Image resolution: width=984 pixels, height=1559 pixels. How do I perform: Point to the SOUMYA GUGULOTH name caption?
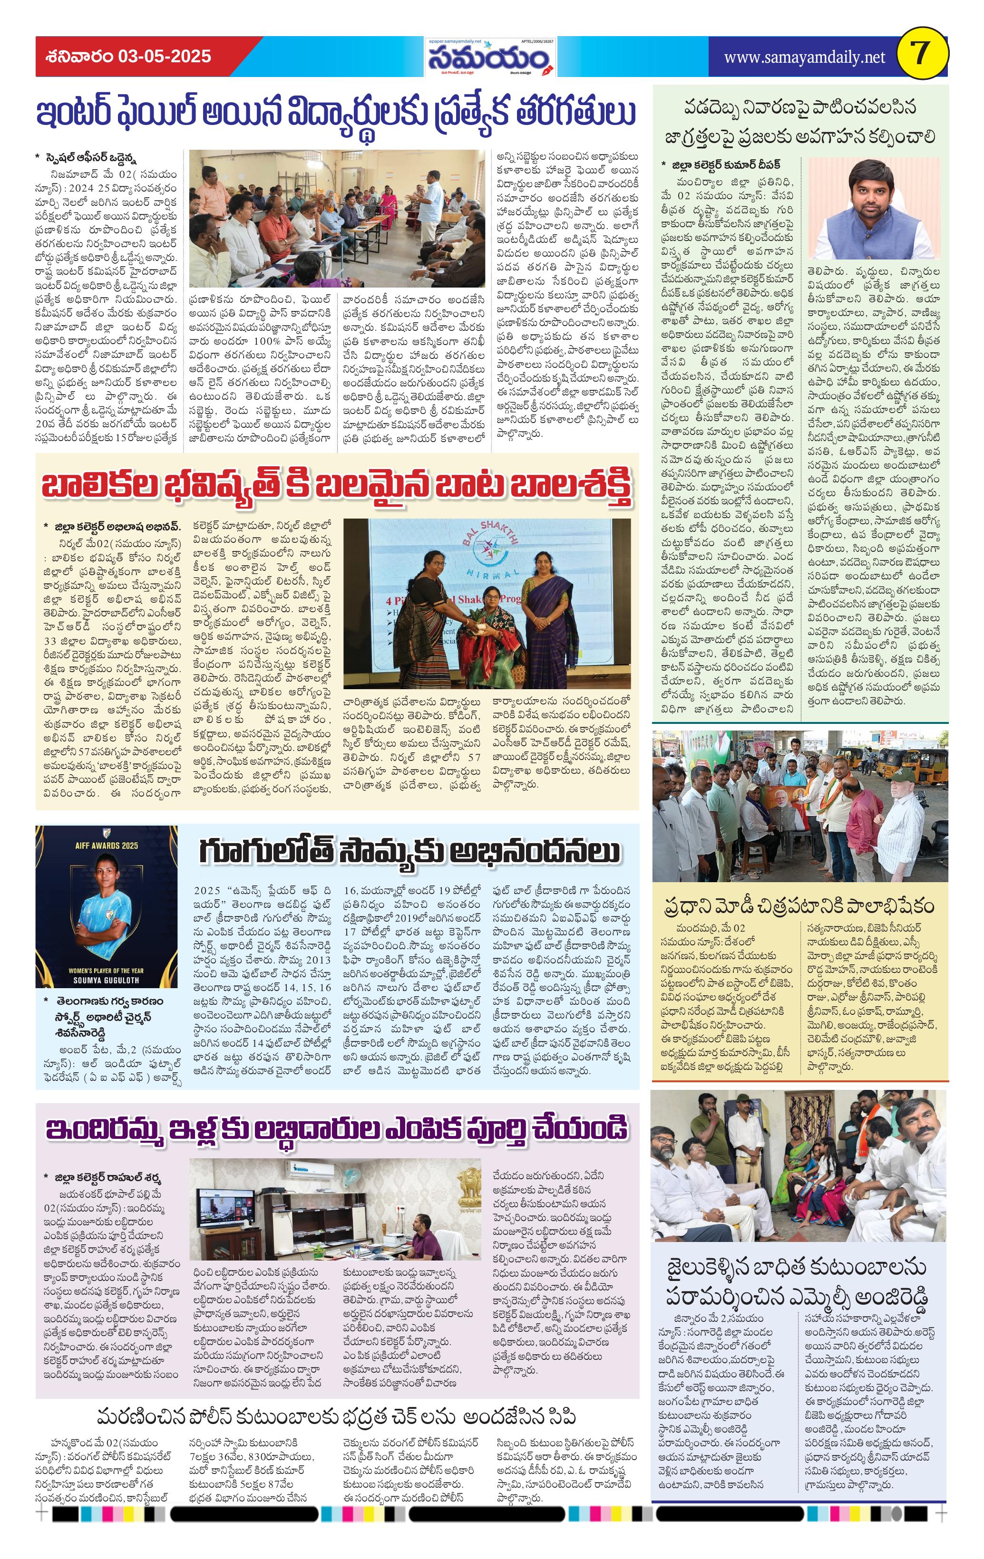[106, 980]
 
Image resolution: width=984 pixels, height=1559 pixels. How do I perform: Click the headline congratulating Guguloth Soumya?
[409, 851]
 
